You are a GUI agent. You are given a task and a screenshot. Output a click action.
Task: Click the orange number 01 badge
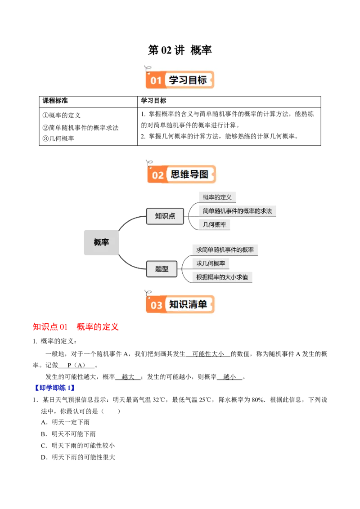[156, 81]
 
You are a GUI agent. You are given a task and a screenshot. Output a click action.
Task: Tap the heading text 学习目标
[188, 80]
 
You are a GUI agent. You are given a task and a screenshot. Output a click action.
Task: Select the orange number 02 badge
[157, 175]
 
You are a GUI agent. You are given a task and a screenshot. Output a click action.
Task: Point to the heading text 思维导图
[189, 174]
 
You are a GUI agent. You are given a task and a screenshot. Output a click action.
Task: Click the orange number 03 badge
[156, 305]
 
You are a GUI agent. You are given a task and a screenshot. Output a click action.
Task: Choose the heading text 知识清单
[188, 304]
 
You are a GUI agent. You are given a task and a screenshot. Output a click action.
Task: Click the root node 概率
[101, 242]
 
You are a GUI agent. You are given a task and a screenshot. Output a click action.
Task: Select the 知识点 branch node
[165, 216]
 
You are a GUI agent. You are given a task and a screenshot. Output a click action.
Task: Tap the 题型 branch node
[162, 269]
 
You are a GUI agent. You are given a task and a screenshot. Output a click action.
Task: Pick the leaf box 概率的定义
[217, 197]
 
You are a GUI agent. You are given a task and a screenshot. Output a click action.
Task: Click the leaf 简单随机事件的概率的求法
[237, 210]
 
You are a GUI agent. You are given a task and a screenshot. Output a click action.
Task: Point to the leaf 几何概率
[214, 224]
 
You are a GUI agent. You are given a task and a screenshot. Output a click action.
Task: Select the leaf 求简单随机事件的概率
[225, 250]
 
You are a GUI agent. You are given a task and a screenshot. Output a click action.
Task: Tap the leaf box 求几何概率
[211, 263]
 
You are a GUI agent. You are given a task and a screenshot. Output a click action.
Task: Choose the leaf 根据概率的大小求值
[222, 277]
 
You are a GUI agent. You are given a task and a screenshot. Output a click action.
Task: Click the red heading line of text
[75, 326]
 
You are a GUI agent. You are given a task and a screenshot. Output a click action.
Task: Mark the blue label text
[54, 387]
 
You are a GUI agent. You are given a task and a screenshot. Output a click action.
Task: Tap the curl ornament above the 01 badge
[147, 69]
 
